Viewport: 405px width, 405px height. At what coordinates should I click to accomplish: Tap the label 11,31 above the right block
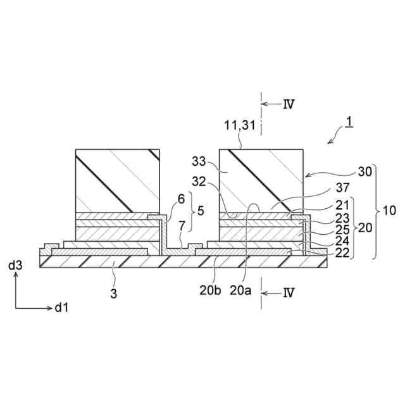[x=240, y=127]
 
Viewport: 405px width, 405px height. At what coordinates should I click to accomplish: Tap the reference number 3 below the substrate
[x=115, y=276]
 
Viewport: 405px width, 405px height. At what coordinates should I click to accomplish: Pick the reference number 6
[x=182, y=198]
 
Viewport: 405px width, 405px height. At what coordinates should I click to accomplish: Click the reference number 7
[x=182, y=225]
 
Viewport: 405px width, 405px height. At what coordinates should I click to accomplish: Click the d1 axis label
[x=61, y=308]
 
